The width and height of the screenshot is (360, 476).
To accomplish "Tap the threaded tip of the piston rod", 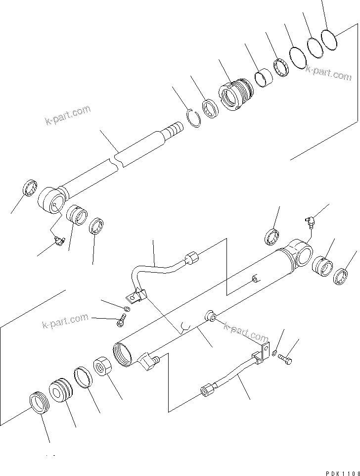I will pos(173,131).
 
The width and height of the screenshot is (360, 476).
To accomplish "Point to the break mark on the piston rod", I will pos(118,160).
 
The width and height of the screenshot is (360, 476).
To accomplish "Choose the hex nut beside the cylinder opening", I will pos(104,368).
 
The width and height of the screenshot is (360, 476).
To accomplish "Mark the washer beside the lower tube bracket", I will pos(274,352).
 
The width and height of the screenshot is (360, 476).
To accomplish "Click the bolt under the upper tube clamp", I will pos(121,322).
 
